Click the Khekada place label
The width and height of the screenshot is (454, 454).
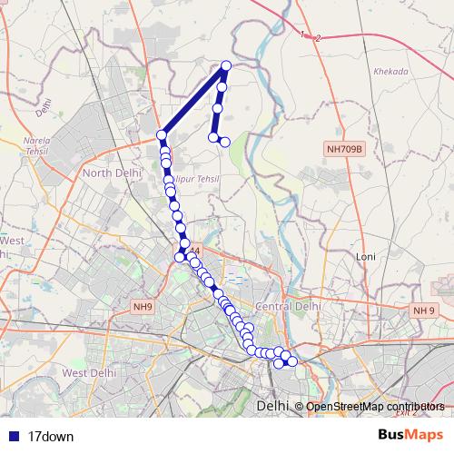point(390,72)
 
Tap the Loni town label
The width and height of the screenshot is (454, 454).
point(368,257)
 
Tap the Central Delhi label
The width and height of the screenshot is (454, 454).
point(290,307)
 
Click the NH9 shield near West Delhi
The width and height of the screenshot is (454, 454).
point(143,308)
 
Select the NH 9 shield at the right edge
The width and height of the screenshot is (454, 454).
point(424,311)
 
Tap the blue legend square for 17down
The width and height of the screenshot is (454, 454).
point(12,437)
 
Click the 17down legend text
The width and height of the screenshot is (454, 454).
point(51,437)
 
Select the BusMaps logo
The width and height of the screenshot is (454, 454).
point(410,436)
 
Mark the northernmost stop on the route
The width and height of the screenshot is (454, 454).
point(226,65)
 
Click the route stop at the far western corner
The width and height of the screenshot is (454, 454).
point(162,135)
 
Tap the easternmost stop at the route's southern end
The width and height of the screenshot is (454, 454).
point(292,362)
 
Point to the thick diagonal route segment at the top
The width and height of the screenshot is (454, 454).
point(193,100)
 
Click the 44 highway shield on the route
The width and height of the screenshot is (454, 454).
point(193,250)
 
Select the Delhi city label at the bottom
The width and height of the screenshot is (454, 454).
point(272,406)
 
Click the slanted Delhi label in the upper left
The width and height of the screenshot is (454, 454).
point(41,110)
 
